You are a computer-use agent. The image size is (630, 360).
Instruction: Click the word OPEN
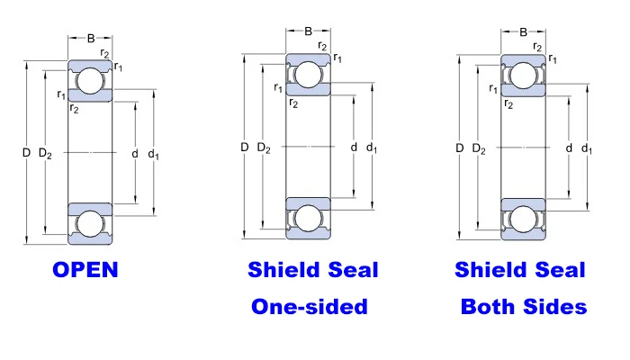point(85,270)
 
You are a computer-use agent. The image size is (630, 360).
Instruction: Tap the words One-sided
point(310,307)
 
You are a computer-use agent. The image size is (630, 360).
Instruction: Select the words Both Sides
point(524,307)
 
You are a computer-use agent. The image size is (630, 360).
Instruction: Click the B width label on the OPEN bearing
point(91,38)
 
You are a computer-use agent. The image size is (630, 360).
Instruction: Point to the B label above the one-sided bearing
point(308,31)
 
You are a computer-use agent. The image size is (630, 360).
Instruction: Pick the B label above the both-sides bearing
point(523,32)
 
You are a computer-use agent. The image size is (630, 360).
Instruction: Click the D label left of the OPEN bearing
point(26,153)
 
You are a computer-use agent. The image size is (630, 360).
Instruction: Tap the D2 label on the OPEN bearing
point(45,153)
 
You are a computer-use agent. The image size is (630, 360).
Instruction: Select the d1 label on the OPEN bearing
point(154,154)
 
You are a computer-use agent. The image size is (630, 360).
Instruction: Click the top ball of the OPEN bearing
point(90,81)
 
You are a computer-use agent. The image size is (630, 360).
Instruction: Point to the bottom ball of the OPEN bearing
point(90,224)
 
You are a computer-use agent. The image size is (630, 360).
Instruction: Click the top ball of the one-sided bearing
point(308,75)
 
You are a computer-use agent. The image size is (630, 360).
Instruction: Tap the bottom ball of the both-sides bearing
point(523,220)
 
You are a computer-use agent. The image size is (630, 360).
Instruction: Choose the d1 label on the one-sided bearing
point(372,148)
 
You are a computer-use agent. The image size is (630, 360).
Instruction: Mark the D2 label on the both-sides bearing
point(479,148)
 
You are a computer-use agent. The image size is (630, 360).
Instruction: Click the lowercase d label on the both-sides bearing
point(569,148)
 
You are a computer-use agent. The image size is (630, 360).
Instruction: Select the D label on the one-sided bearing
point(244,147)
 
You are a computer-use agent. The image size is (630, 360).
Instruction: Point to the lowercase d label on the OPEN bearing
point(135,154)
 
